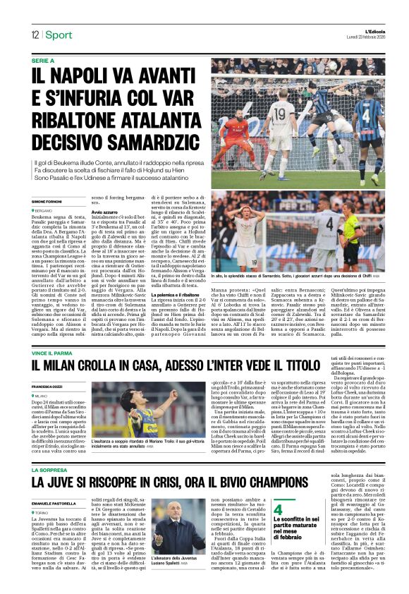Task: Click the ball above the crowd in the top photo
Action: point(340,68)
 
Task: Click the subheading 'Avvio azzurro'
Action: point(103,212)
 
